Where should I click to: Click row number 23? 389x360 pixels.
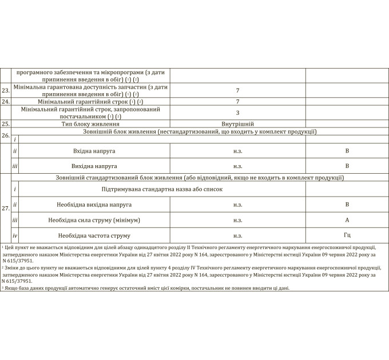coord(6,91)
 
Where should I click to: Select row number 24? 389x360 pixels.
coord(6,101)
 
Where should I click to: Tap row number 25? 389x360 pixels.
coord(6,123)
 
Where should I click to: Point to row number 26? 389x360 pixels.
coord(6,135)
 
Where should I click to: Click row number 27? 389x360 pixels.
coord(6,209)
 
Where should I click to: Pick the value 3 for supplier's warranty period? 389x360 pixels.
coord(237,113)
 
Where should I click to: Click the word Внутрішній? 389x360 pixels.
coord(237,123)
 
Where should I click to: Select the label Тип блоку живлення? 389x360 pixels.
coord(90,123)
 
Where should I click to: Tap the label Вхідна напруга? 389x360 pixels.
coord(94,151)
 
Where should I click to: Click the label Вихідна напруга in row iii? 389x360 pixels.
coord(94,166)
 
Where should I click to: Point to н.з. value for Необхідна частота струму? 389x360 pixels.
coord(237,235)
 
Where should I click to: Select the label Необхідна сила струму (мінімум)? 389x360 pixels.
coord(94,219)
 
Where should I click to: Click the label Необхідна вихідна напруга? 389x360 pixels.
coord(94,204)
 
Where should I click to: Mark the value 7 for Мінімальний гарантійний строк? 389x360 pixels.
coord(237,101)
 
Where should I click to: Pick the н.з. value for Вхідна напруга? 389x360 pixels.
coord(237,151)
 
